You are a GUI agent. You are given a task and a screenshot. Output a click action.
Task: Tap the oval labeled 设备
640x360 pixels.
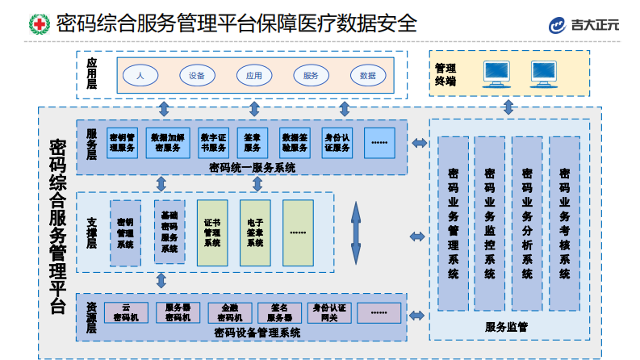197,75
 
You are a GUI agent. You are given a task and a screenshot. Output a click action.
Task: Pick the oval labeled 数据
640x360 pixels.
368,75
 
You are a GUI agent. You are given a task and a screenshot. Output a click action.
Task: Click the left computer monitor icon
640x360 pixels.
495,73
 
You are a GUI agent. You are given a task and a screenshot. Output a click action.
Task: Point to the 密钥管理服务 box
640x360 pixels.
123,142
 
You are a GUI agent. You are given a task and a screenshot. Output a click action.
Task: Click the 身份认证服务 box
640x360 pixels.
337,142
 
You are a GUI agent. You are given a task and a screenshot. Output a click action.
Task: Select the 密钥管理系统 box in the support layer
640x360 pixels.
125,233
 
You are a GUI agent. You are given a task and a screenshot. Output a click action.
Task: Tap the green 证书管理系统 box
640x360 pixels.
212,233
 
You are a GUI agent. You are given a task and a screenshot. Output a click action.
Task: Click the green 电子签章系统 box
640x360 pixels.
255,233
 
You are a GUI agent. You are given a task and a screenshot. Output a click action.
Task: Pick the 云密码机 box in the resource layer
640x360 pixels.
126,312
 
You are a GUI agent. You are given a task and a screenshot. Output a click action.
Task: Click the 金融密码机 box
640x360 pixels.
229,312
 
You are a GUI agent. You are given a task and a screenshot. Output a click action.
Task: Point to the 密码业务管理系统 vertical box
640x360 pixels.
453,223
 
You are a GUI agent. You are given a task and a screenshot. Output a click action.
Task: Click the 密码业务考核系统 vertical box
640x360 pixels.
564,223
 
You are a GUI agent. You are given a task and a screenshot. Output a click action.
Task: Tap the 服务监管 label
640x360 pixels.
506,326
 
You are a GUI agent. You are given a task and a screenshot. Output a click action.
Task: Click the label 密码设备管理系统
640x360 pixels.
257,331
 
